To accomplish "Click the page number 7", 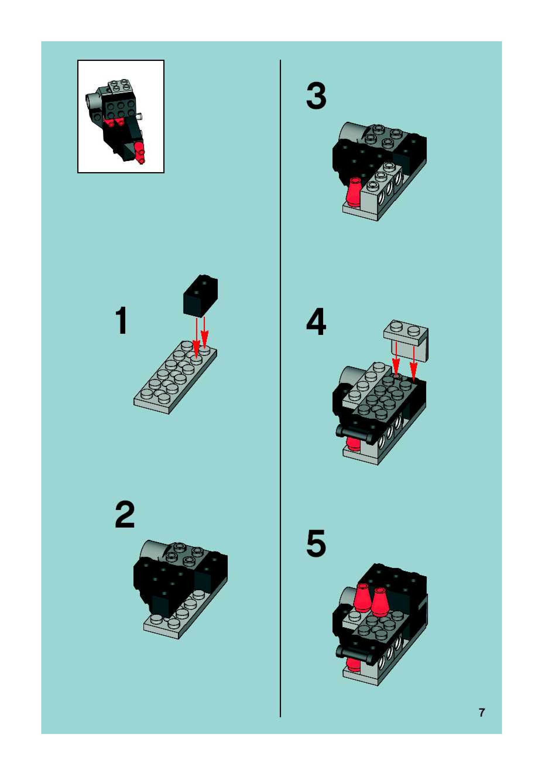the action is coord(482,712).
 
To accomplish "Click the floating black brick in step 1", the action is coord(200,295).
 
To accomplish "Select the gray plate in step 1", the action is coord(175,377).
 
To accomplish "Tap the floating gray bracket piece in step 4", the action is coord(406,340).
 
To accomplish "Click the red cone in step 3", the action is coord(354,191).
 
